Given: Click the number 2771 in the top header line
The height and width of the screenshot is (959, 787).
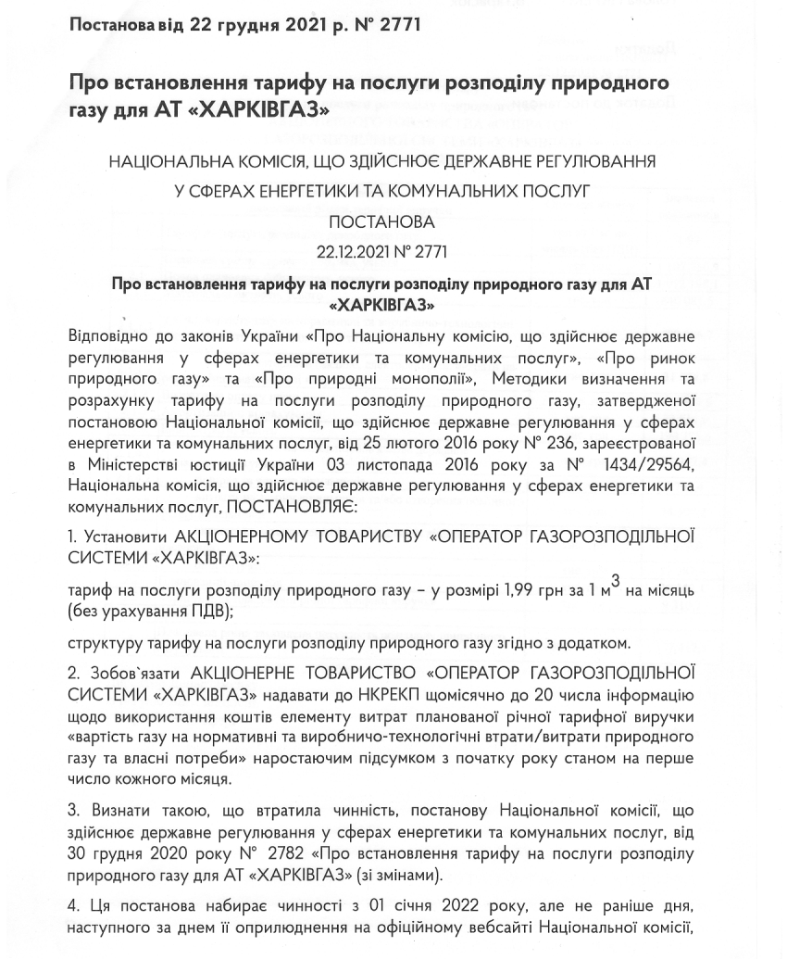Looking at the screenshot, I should pos(395,24).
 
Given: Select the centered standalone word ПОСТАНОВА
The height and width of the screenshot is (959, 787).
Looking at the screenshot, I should pos(381,222).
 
